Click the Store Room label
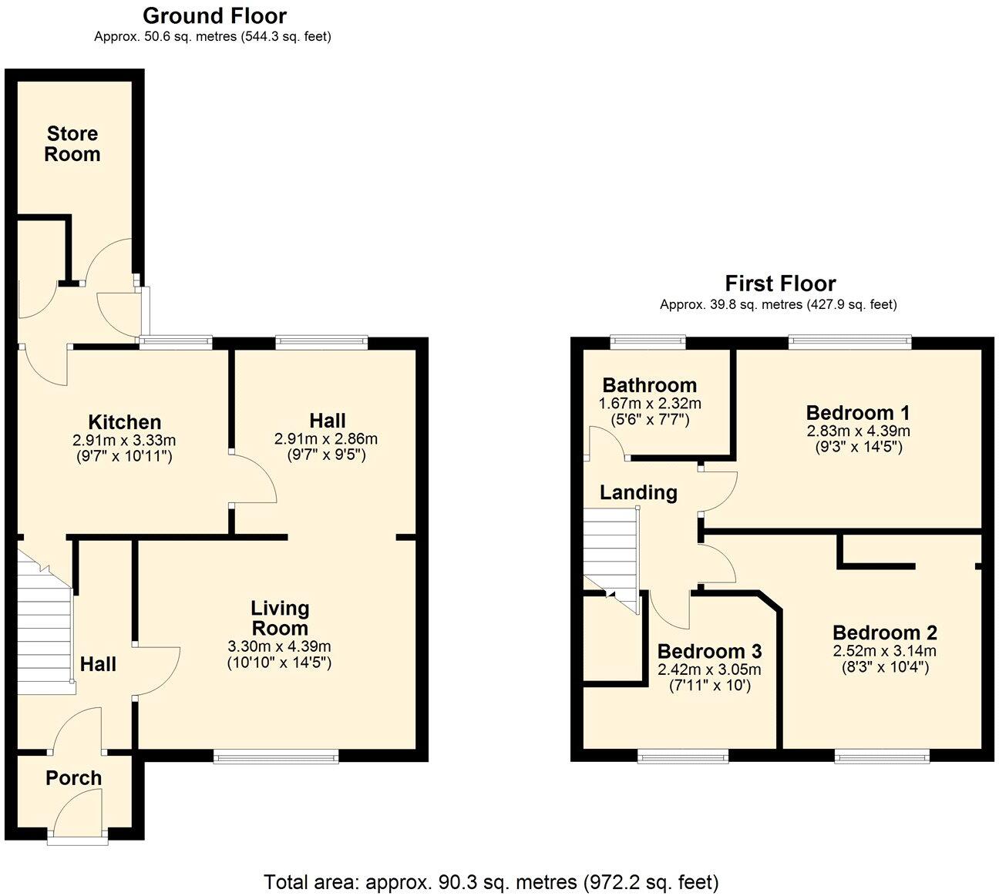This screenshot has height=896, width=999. pyautogui.click(x=72, y=144)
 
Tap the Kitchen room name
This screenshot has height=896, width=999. pyautogui.click(x=125, y=422)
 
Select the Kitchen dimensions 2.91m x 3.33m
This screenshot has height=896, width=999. pyautogui.click(x=124, y=441)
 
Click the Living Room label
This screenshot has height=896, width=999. pyautogui.click(x=279, y=618)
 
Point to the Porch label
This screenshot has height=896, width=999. pyautogui.click(x=73, y=778)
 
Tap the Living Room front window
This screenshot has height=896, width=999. pyautogui.click(x=276, y=758)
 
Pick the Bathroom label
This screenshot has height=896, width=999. pyautogui.click(x=649, y=385)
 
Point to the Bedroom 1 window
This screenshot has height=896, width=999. pyautogui.click(x=849, y=341)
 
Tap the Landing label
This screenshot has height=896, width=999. pyautogui.click(x=638, y=493)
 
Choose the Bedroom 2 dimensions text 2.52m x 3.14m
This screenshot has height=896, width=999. pyautogui.click(x=884, y=652)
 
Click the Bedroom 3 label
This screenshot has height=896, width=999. pyautogui.click(x=709, y=651)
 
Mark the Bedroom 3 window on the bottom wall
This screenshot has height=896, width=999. pyautogui.click(x=683, y=758)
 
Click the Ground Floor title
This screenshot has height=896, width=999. pyautogui.click(x=214, y=16)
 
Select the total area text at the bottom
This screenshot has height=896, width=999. pyautogui.click(x=491, y=881)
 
